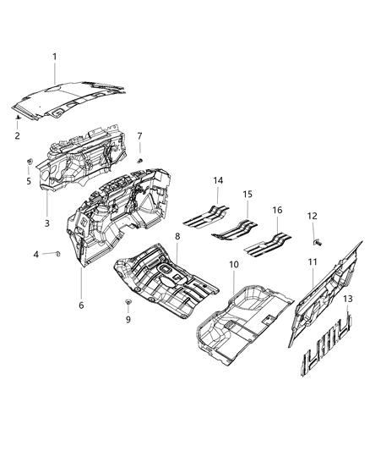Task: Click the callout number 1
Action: (x=56, y=57)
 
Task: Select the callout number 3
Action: (x=47, y=223)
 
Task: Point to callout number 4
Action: (x=35, y=254)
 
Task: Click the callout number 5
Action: (x=28, y=179)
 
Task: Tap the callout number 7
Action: (x=140, y=135)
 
